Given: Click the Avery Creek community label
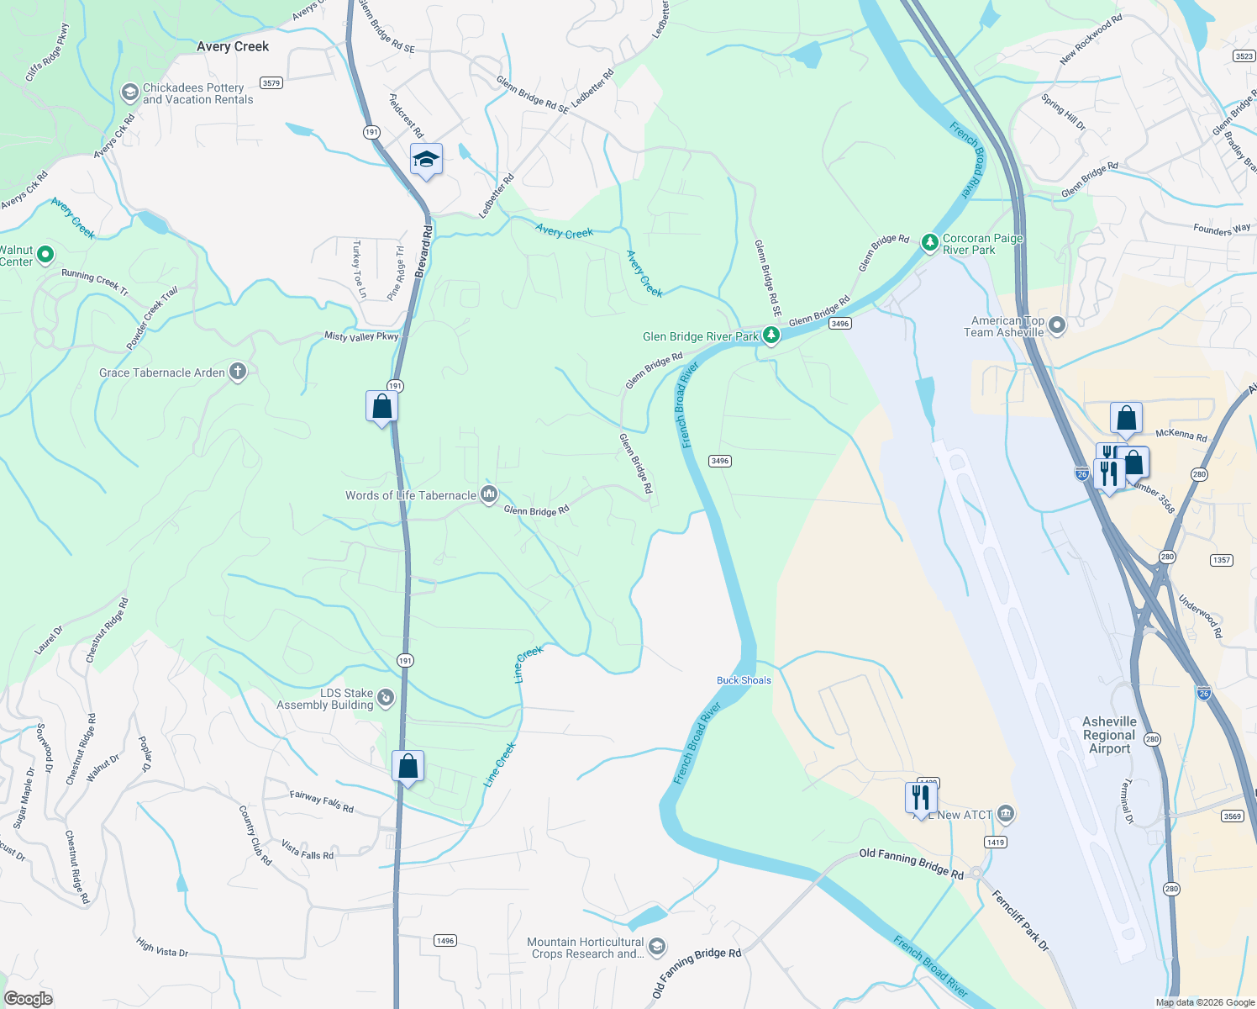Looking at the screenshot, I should (233, 46).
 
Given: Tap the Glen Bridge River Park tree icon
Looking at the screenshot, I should (771, 335).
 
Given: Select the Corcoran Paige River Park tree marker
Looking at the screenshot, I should (929, 243).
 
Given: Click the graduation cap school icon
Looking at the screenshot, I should (426, 159).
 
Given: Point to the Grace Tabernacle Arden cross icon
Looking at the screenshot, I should (238, 372).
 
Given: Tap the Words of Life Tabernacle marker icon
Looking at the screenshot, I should (489, 494).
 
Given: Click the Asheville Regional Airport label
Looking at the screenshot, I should (1109, 735).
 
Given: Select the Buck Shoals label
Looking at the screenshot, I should (744, 680).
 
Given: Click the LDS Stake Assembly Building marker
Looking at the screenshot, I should (386, 697).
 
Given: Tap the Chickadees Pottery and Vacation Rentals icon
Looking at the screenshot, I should (129, 92).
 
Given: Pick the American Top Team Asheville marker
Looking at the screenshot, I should (1057, 325).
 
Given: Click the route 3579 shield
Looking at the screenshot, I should (271, 82).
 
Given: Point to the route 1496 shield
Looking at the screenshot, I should (445, 940).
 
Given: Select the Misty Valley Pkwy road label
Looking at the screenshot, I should (361, 336).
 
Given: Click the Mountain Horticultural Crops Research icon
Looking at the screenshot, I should (657, 947).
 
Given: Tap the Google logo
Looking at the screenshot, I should (28, 998).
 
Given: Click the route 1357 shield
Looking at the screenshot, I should (1221, 560).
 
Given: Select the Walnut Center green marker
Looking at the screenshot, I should (45, 254).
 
